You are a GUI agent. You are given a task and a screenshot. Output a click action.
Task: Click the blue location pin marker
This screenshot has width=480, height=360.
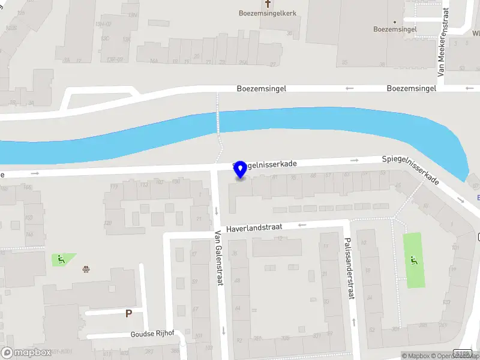coord(241,169)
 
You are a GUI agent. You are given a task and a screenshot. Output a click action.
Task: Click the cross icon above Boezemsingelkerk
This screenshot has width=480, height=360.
coord(268,3)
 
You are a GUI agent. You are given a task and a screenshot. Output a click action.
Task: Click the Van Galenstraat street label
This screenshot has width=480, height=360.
coord(218,259)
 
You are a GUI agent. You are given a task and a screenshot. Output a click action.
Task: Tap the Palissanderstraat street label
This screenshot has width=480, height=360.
coord(348,267)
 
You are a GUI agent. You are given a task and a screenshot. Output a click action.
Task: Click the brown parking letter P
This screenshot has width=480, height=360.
coord(128,313)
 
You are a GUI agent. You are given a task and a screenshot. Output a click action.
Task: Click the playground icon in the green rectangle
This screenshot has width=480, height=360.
coord(413,260)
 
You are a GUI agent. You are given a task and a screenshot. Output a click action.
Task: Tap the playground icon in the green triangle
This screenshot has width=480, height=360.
coord(61,259)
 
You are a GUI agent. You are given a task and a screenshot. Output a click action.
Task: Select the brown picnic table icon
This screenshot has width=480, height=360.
coord(86,269)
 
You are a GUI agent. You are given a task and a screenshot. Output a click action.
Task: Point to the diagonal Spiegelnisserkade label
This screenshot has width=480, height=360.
coord(412,170)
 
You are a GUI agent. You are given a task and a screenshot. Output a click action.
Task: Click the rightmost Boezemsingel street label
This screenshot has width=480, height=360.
coord(411,88)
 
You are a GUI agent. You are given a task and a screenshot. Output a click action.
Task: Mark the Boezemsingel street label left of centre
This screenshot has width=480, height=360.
coord(262,88)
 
